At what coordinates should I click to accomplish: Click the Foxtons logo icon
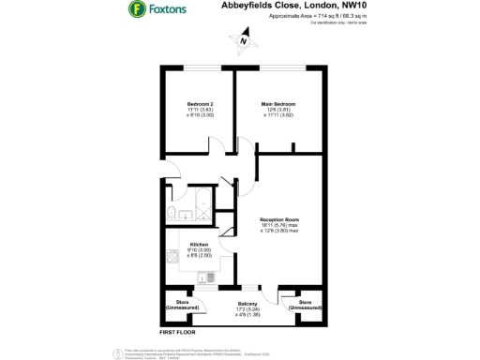pos(136,9)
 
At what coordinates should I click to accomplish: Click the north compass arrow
pos(242,40)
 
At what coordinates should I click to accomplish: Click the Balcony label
pos(247,304)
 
